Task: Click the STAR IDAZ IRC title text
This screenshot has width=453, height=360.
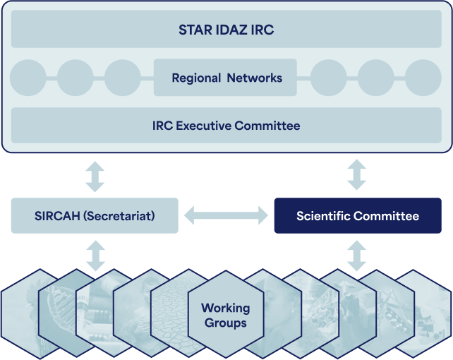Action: (226, 30)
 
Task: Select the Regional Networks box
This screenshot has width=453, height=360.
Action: (225, 78)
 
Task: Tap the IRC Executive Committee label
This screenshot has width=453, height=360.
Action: (226, 126)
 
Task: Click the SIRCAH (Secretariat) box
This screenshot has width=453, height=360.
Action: (95, 215)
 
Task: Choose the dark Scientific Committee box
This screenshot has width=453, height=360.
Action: (358, 215)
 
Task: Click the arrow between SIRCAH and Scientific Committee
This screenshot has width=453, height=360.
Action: (226, 215)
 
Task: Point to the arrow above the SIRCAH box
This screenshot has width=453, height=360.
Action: (95, 176)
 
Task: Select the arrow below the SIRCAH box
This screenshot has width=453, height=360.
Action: (96, 256)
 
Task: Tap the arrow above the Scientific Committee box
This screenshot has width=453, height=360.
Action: (357, 174)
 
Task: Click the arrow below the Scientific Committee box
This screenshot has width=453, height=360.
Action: (357, 256)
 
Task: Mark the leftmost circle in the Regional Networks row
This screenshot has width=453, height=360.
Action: (28, 78)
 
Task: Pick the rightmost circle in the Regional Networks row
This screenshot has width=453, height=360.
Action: (423, 78)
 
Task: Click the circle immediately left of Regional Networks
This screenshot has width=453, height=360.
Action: (123, 78)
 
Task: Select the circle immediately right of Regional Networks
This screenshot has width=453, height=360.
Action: (329, 78)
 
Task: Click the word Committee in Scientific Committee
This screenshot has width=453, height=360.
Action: (386, 216)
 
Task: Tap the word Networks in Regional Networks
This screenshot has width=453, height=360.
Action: (255, 78)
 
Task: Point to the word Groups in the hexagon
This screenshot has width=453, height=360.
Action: (226, 323)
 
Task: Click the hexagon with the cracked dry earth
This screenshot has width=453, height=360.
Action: (173, 313)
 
